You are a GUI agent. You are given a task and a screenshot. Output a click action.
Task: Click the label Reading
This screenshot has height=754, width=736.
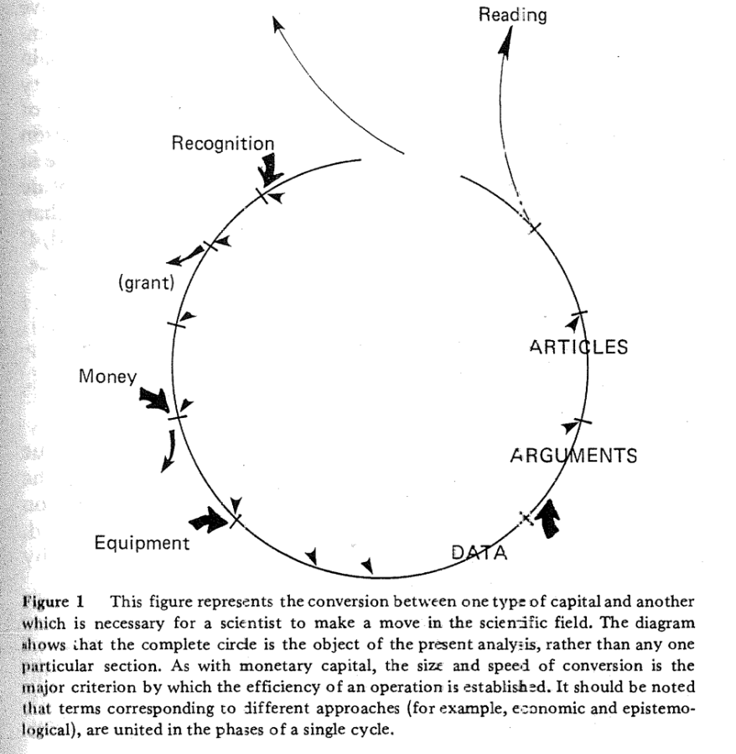[512, 14]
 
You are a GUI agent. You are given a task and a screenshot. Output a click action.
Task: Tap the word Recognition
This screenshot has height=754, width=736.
[222, 144]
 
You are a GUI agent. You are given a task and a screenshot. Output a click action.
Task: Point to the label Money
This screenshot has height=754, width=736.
[107, 377]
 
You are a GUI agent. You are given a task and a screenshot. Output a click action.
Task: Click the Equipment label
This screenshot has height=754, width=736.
[142, 543]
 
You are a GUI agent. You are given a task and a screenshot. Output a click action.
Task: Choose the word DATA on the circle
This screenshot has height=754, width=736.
[479, 552]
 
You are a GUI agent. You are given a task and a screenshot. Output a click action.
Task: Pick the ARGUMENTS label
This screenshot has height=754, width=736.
[573, 457]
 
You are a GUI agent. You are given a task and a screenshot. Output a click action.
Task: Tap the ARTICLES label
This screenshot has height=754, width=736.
[578, 347]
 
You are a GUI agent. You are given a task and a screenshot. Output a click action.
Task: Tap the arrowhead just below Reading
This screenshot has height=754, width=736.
[505, 46]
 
